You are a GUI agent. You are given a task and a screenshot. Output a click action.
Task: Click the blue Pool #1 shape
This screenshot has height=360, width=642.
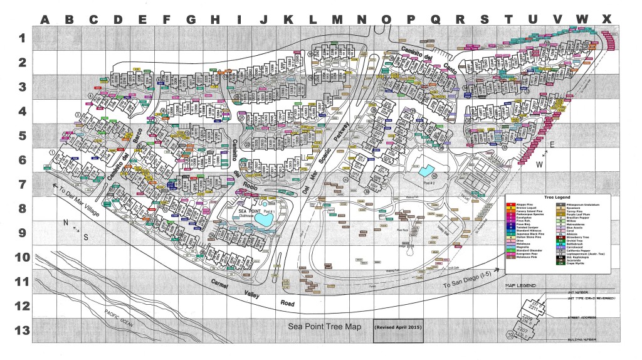268,204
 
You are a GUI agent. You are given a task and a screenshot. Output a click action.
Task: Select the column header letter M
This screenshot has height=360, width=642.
337,19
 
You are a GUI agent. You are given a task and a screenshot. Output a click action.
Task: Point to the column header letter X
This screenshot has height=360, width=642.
606,19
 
